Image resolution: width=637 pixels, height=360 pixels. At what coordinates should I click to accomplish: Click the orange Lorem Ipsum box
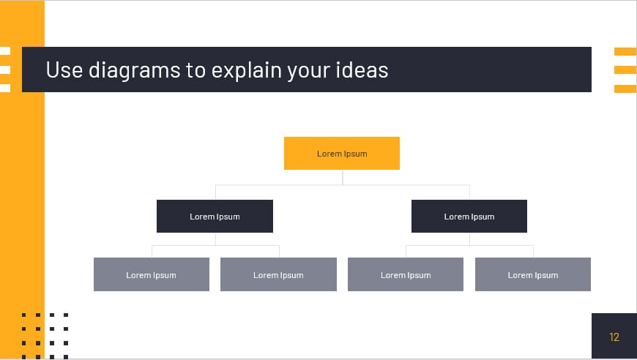(342, 154)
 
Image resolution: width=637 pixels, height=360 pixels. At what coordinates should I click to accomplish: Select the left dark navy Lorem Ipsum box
(215, 217)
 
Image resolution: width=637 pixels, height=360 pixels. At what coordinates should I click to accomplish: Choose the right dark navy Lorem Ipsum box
(469, 217)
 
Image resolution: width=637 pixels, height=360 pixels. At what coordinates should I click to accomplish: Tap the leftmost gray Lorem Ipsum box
(152, 275)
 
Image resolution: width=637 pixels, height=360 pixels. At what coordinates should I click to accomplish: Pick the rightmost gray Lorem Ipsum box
(532, 275)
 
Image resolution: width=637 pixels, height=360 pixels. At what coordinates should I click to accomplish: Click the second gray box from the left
(278, 275)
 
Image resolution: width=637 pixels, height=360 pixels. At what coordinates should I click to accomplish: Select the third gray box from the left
(406, 275)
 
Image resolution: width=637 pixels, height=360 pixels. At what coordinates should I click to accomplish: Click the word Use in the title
(64, 70)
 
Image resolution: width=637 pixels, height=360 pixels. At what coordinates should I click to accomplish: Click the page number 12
(614, 337)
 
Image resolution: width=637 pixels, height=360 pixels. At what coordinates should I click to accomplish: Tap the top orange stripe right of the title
(625, 51)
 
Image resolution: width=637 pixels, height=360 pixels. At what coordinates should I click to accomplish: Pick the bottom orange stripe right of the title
(625, 89)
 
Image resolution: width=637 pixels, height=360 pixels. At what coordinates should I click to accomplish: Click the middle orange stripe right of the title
(625, 70)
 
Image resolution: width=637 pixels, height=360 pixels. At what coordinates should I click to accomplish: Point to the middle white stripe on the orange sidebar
(5, 70)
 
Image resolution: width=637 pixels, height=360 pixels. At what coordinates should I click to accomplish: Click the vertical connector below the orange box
(342, 177)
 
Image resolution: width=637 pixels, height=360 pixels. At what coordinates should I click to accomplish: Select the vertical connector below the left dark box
(215, 239)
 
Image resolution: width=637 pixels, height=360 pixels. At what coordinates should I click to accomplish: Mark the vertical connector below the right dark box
(469, 239)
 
